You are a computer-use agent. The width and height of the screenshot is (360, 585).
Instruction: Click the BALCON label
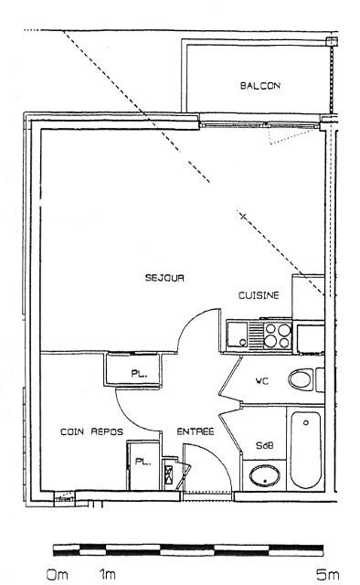coord(260,86)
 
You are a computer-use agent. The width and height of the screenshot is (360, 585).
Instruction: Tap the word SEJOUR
coord(164,278)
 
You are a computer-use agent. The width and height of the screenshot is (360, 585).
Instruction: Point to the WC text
coord(262,381)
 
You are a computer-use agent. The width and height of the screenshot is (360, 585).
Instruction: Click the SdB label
coord(265,445)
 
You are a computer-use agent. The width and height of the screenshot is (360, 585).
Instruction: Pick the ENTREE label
coord(196,431)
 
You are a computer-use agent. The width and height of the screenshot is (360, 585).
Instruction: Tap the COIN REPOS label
coord(91,431)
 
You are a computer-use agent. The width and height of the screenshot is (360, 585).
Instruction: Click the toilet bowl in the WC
coord(301,379)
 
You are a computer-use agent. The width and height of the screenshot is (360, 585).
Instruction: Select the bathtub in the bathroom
coord(306,449)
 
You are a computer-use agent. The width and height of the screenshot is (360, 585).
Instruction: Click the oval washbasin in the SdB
coord(264,475)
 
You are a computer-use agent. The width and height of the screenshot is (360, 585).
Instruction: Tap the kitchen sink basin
coord(238,335)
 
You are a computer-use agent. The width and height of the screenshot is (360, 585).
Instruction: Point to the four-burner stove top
coord(278,335)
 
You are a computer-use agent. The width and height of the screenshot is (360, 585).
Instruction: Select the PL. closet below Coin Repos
coord(143,465)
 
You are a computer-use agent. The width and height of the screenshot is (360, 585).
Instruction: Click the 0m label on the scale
coord(57,574)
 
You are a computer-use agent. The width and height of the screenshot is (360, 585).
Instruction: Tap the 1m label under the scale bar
coord(107,574)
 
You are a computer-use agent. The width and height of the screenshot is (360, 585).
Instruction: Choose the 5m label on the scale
coord(327,574)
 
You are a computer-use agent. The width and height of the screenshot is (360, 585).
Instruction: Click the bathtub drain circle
coord(306,422)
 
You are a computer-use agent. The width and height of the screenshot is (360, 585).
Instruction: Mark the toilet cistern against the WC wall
coord(320,380)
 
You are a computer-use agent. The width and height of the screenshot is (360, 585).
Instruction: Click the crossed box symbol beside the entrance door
coord(169,472)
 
